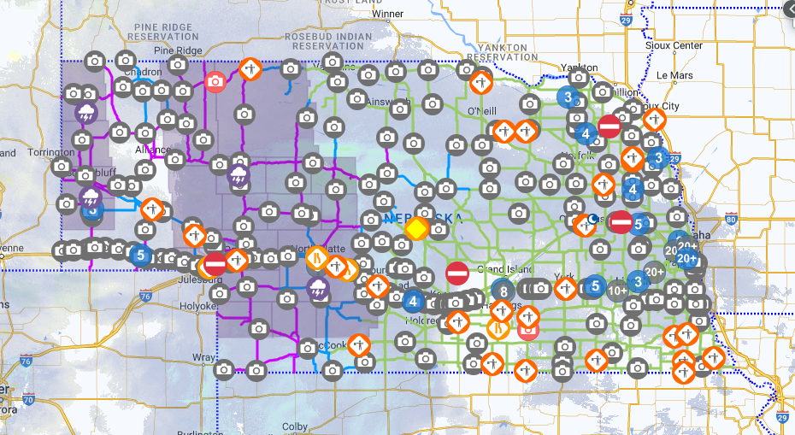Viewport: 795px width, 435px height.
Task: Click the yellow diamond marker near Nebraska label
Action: [415, 228]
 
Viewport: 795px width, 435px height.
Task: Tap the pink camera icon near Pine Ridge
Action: [215, 82]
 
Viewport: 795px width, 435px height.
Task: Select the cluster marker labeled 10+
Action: [618, 290]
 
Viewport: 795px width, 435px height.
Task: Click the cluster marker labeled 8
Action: [504, 291]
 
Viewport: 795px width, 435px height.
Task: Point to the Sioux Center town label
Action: [675, 45]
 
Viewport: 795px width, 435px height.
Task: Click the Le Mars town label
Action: [674, 74]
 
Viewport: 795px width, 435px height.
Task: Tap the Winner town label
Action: [387, 14]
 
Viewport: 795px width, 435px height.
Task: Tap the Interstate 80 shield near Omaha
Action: [730, 219]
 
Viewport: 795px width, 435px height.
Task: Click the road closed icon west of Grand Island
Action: [457, 273]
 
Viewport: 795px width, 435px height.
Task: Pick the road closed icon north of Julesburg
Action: [215, 262]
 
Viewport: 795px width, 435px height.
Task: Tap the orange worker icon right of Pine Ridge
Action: [250, 68]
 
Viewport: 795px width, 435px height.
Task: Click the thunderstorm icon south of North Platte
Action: [318, 288]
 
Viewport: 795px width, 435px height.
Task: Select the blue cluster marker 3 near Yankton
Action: [566, 97]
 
